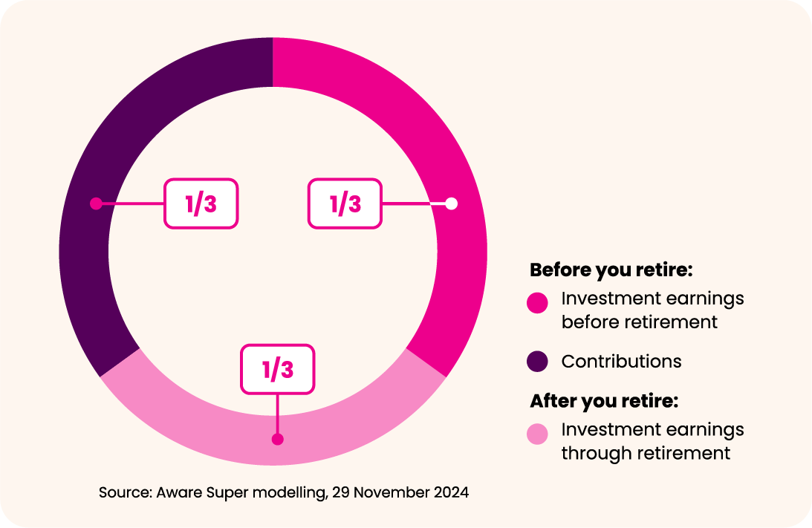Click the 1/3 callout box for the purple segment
[x=201, y=203]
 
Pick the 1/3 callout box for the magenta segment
[x=345, y=203]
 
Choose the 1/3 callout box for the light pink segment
[x=278, y=369]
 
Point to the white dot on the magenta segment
[x=452, y=203]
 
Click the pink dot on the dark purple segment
[x=96, y=203]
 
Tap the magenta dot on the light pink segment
[x=278, y=440]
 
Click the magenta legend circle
[x=538, y=303]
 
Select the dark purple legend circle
[x=538, y=362]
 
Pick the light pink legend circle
[x=538, y=434]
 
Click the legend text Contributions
[x=621, y=362]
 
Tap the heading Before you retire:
[x=611, y=270]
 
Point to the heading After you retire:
[x=604, y=401]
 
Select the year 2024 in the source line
[x=451, y=492]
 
